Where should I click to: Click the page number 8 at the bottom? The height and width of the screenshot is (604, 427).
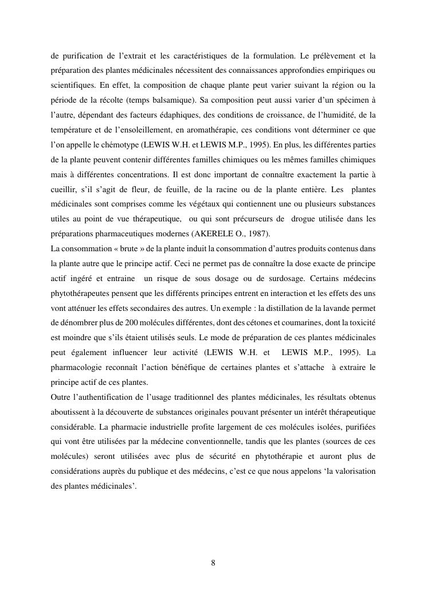click(x=213, y=563)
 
